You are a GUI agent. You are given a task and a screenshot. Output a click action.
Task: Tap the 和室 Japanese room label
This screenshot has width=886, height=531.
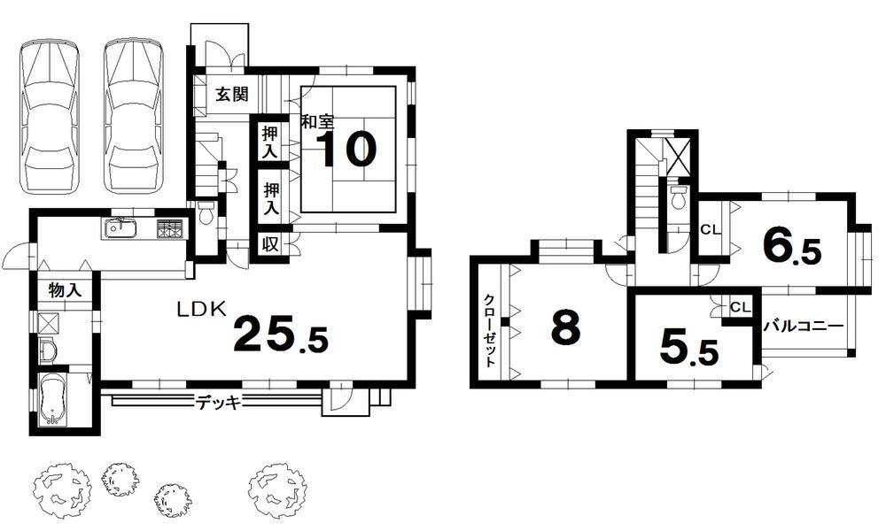(x=315, y=123)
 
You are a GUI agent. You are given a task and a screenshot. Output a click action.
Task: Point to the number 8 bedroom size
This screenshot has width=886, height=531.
(x=565, y=328)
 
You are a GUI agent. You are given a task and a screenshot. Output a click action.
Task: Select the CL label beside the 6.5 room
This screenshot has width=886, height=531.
(x=710, y=230)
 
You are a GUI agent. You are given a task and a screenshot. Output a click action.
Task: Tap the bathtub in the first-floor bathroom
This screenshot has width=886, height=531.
(x=55, y=401)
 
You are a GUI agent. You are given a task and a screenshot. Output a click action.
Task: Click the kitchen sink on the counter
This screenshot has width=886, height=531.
(x=120, y=230)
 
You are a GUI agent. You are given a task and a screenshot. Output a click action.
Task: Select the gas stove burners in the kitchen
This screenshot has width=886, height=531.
(x=169, y=230)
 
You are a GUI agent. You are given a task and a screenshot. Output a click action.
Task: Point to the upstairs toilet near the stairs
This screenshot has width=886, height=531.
(x=678, y=196)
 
